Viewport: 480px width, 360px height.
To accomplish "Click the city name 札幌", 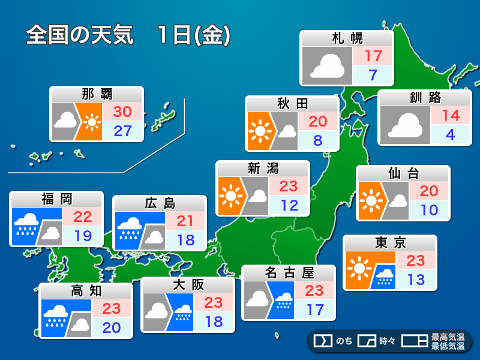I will click(x=347, y=39).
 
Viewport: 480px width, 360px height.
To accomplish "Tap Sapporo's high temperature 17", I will click(x=373, y=56).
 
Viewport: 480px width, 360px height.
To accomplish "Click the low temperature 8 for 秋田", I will click(x=318, y=141).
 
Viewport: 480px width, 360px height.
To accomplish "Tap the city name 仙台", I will click(x=403, y=173).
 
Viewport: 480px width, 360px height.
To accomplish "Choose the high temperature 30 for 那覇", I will click(x=122, y=112).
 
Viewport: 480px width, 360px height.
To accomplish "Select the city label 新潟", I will click(x=263, y=168).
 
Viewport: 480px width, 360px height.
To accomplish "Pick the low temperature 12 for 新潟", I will click(x=289, y=205).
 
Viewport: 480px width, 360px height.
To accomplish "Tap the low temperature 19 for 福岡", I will click(x=83, y=235).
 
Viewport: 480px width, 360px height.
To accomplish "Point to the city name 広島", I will click(x=160, y=203).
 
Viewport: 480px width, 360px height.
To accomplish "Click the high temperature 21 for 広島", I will click(x=185, y=221).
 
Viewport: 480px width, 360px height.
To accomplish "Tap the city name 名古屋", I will click(x=289, y=273).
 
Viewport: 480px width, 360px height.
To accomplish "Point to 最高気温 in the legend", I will click(x=448, y=337).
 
